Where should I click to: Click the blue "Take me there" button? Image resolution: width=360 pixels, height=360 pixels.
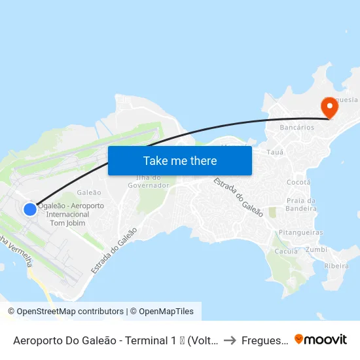pyautogui.click(x=180, y=160)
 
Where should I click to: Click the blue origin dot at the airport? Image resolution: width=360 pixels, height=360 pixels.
pyautogui.click(x=30, y=209)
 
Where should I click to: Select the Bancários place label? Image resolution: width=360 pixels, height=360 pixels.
pyautogui.click(x=297, y=128)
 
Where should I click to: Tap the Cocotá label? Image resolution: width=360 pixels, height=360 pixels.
pyautogui.click(x=298, y=181)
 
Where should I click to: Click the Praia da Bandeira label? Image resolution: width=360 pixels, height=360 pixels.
pyautogui.click(x=301, y=204)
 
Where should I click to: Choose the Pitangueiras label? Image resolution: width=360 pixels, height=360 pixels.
pyautogui.click(x=300, y=232)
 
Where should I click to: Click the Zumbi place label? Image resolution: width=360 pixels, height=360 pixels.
pyautogui.click(x=316, y=249)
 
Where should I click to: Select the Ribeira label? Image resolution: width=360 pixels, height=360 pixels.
pyautogui.click(x=336, y=266)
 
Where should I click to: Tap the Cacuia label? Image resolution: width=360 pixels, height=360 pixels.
pyautogui.click(x=286, y=251)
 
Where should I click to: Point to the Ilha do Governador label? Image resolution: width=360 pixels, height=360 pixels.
pyautogui.click(x=152, y=181)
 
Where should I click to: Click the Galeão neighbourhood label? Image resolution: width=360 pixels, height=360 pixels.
pyautogui.click(x=89, y=192)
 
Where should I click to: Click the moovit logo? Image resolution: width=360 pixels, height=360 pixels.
pyautogui.click(x=321, y=340)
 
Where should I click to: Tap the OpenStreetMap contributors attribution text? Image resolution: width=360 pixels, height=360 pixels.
pyautogui.click(x=65, y=312)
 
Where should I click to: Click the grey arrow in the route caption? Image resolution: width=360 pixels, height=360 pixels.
pyautogui.click(x=229, y=340)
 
